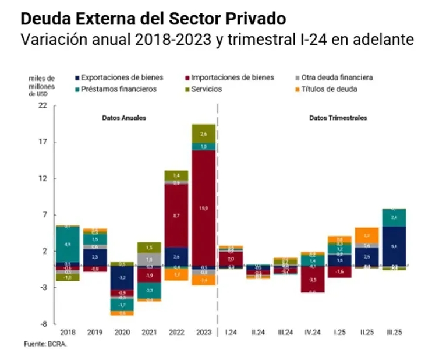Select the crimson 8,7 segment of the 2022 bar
click(x=176, y=216)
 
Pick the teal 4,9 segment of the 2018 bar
click(x=67, y=244)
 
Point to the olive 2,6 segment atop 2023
click(x=204, y=133)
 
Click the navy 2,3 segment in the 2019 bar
click(x=94, y=257)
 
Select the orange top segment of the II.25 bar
click(x=367, y=235)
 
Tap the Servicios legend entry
click(x=206, y=90)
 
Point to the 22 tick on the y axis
click(x=43, y=106)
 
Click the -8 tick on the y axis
click(x=43, y=323)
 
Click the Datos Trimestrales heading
click(x=338, y=118)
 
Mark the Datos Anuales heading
click(x=123, y=118)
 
